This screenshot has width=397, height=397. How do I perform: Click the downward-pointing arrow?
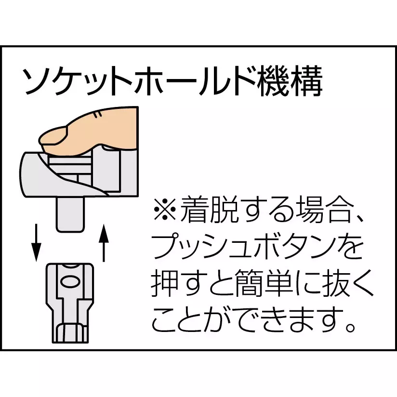[x=36, y=242]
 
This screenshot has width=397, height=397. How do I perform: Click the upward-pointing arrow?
[x=104, y=242]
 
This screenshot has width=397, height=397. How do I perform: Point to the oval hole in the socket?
[x=70, y=282]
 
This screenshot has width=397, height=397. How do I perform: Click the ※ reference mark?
[x=165, y=210]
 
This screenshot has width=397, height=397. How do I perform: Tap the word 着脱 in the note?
[x=209, y=210]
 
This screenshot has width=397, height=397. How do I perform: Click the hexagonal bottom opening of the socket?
[x=70, y=333]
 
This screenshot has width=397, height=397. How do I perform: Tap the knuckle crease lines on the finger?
[x=97, y=114]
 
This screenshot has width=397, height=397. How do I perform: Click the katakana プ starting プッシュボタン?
[x=166, y=246]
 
